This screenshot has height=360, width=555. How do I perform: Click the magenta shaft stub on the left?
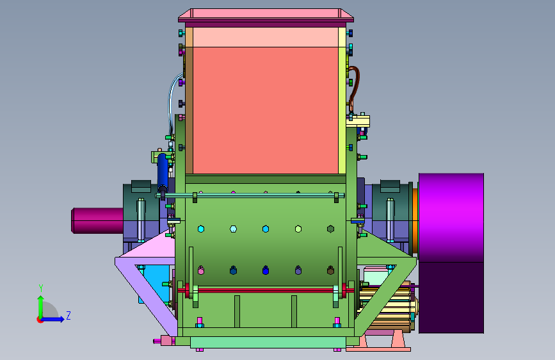(x=98, y=220)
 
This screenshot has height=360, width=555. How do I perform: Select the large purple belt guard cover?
(x=451, y=253)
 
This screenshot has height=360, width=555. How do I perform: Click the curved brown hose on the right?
(x=354, y=88)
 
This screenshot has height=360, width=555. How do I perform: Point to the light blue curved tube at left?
(x=171, y=102)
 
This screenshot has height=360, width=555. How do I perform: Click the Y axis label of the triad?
(x=41, y=288)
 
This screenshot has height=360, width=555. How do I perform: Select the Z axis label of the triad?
(x=68, y=315)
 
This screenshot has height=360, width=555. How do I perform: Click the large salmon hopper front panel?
(x=266, y=110)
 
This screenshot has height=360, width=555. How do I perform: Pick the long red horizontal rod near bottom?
(x=266, y=291)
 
